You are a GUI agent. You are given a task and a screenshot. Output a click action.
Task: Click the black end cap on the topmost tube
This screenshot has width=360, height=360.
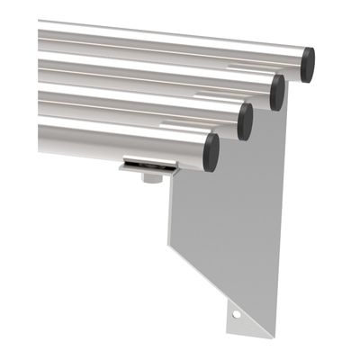(308, 65)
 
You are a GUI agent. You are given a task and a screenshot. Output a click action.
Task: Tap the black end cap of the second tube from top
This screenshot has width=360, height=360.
(277, 92)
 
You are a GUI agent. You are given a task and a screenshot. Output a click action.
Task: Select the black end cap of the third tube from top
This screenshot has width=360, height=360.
(245, 121)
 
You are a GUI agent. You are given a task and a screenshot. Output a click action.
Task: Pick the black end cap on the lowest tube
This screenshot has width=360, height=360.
(211, 152)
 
